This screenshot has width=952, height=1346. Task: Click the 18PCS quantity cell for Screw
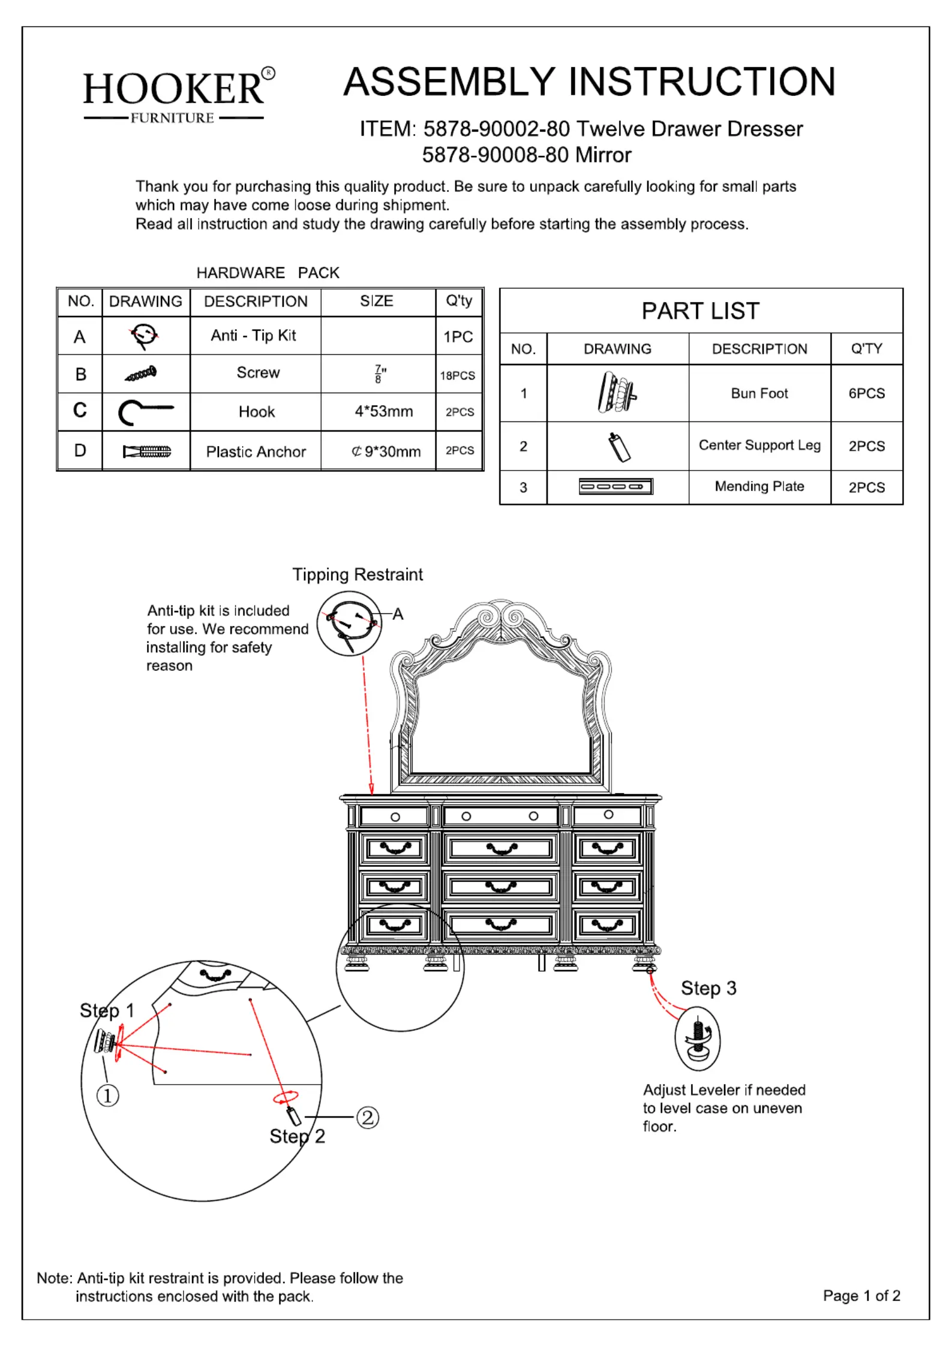point(458,375)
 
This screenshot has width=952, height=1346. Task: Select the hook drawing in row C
point(146,411)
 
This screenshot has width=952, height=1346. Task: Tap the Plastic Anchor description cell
point(256,451)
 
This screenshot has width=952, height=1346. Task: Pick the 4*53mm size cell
point(384,411)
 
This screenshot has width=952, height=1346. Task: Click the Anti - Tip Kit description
point(253,335)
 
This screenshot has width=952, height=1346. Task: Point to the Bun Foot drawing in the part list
point(617,392)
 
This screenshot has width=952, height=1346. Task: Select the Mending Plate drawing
point(615,486)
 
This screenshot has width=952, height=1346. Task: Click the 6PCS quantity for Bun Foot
point(866,393)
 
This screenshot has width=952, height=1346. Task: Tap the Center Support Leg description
point(759,445)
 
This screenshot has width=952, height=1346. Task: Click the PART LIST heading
point(701,311)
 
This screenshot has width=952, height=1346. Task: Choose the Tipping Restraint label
point(358,574)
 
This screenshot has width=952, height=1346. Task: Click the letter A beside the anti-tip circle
point(398,614)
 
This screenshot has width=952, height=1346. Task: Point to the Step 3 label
point(708,988)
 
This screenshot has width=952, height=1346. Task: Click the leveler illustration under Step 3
point(698,1038)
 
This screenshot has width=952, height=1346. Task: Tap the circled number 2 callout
point(368,1117)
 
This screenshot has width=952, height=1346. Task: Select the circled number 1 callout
point(108,1095)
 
